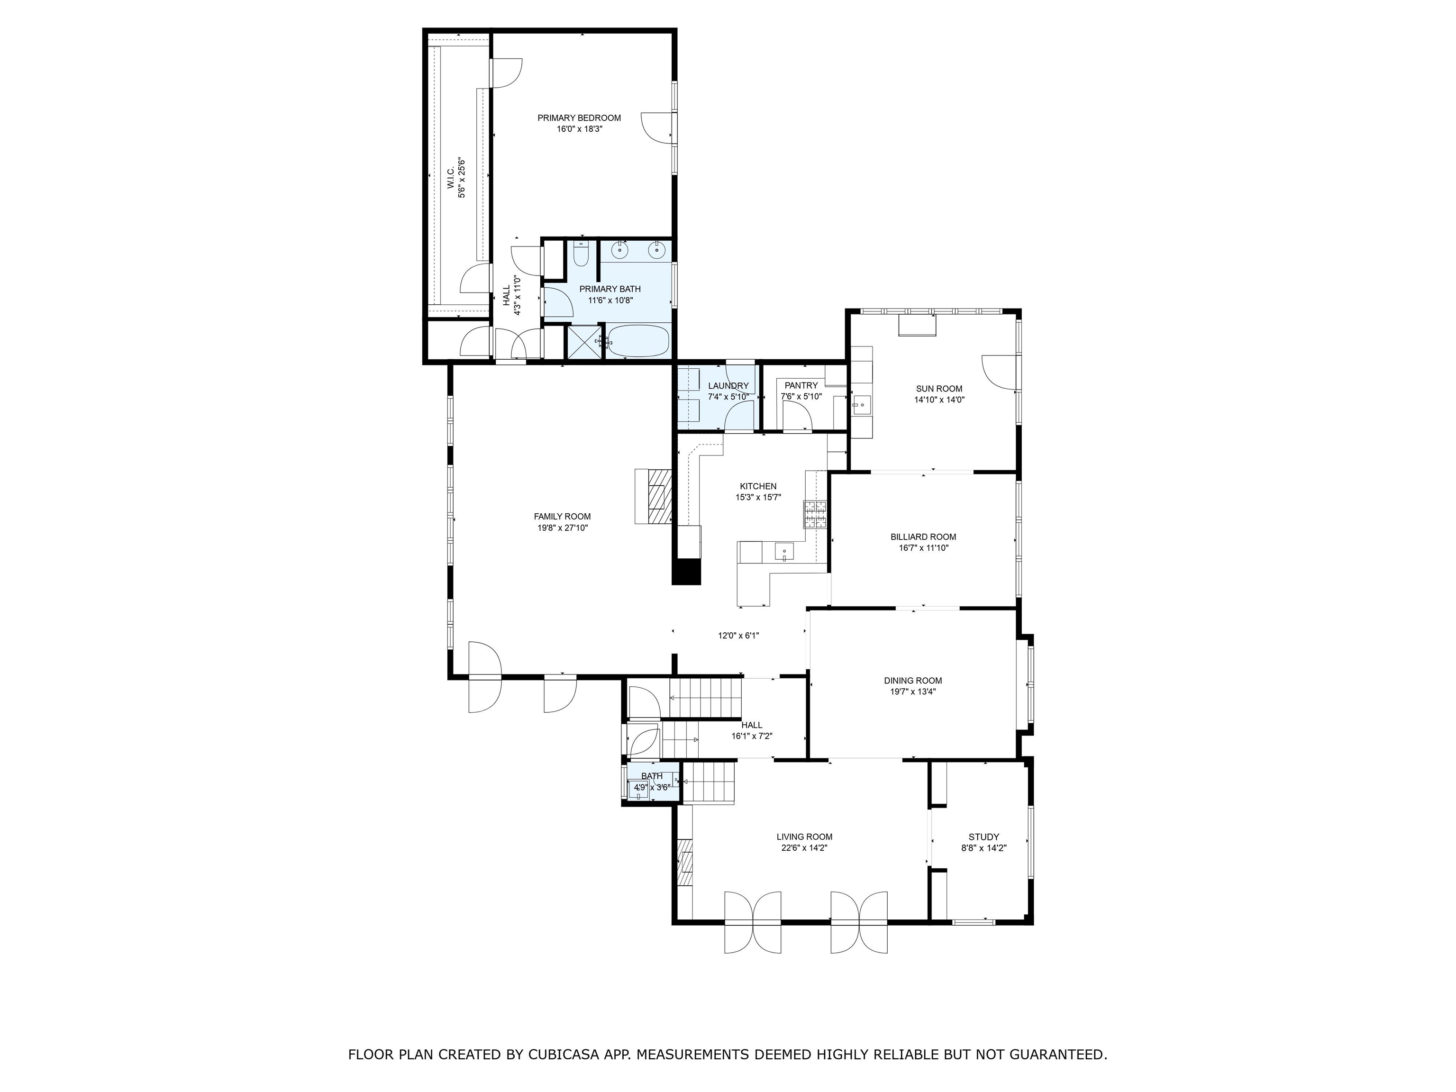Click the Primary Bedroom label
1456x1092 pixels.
coord(579,118)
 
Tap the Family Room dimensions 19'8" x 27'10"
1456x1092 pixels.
coord(562,527)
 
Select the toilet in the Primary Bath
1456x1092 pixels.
coord(580,254)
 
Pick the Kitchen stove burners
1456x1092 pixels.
coord(814,515)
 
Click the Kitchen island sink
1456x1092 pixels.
coord(783,552)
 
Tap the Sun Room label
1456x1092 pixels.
coord(938,388)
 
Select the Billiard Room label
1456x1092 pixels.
coord(923,537)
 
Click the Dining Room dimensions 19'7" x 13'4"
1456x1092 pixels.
coord(912,691)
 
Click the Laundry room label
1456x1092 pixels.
coord(728,386)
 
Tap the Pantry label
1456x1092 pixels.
coord(801,385)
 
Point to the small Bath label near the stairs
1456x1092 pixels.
coord(652,776)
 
